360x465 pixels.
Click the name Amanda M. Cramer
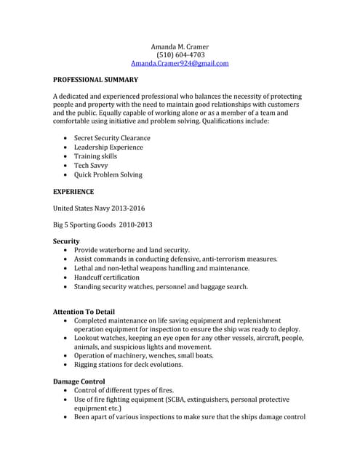[x=180, y=46]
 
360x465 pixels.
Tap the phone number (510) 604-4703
[x=180, y=55]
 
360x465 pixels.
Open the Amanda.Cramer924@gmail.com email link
[x=180, y=64]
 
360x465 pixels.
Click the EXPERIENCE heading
[x=73, y=193]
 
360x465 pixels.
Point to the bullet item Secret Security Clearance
[x=112, y=138]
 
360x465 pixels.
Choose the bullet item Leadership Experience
[x=108, y=147]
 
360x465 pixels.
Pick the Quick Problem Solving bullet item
[x=108, y=175]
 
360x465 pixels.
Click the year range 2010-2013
[x=135, y=225]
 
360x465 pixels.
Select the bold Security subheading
[x=66, y=240]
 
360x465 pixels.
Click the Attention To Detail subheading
[x=84, y=312]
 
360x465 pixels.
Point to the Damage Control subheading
[x=79, y=381]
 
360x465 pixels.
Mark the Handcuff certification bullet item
[x=107, y=278]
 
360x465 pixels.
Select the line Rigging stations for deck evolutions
[x=128, y=365]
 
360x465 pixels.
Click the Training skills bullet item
[x=95, y=156]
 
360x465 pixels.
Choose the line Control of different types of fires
[x=124, y=390]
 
